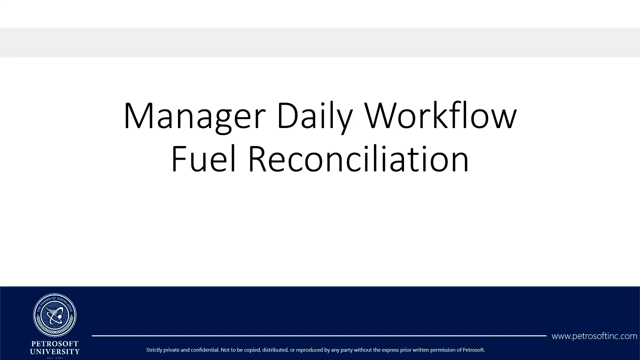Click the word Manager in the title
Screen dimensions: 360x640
(x=194, y=116)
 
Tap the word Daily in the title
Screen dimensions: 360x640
(x=314, y=116)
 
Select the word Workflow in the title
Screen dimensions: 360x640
(x=440, y=116)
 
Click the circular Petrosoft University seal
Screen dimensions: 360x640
(x=55, y=315)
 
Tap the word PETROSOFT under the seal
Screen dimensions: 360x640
(x=55, y=344)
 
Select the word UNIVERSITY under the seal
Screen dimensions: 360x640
(x=55, y=351)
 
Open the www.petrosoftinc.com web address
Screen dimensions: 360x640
(x=594, y=336)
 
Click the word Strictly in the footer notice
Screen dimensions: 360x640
(x=154, y=350)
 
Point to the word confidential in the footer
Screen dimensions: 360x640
(x=204, y=350)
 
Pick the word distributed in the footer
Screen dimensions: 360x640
(x=275, y=350)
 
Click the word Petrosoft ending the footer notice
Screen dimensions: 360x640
(x=474, y=350)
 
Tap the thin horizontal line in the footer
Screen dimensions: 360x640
(x=319, y=336)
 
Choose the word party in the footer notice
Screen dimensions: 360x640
(x=346, y=350)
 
